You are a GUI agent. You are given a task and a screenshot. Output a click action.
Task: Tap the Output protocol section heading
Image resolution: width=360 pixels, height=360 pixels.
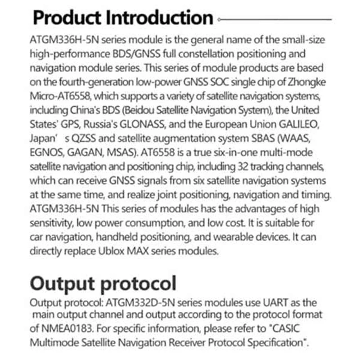tap(103, 284)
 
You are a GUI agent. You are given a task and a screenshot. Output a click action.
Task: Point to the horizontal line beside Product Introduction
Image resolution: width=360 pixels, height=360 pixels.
tap(274, 20)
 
